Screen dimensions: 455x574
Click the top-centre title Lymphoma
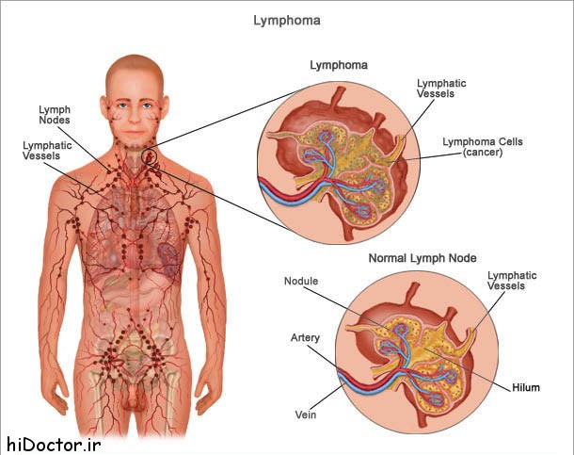pos(286,18)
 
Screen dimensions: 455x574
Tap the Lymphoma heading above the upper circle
pos(339,65)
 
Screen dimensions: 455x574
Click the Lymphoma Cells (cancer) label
pos(483,147)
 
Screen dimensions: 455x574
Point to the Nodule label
pos(301,282)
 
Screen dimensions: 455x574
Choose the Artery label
pos(306,337)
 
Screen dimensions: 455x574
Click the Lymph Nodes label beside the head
pos(54,114)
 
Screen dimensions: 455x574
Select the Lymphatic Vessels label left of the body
pos(41,150)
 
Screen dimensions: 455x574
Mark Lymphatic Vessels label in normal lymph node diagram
pos(512,281)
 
